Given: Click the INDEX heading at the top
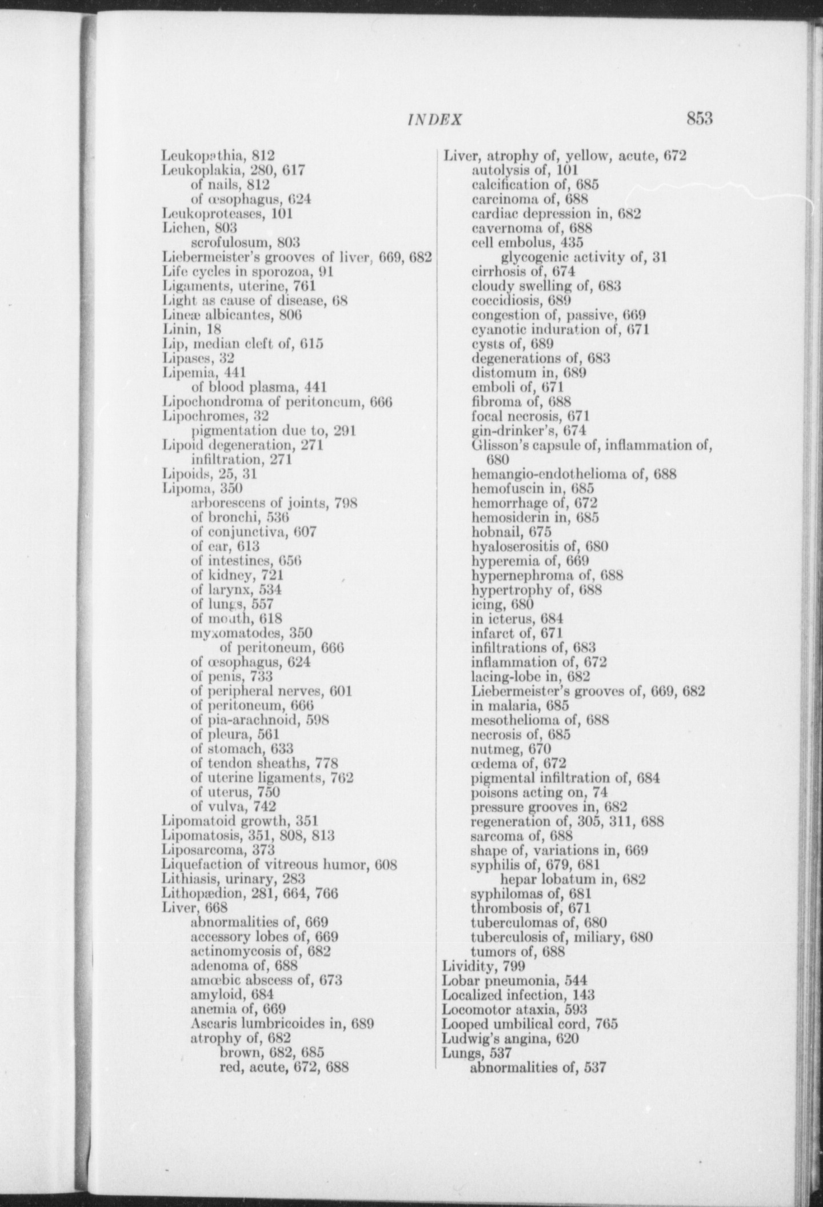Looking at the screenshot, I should [x=435, y=119].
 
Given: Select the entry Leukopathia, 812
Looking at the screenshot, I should [x=218, y=155].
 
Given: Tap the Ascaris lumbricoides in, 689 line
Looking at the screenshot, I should [x=282, y=1023].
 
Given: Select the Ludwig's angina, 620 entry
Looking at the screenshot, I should [x=511, y=1038].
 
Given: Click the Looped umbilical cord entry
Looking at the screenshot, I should [x=530, y=1024].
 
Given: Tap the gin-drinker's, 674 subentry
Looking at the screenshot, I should [x=529, y=430].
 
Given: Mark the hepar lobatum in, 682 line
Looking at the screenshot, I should [x=573, y=878].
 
